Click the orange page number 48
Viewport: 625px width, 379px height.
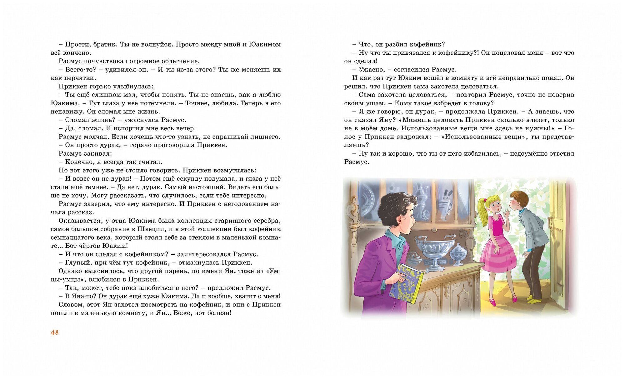coord(55,332)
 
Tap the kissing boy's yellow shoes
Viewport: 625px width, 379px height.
coord(534,300)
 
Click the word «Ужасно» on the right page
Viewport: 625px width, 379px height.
coord(371,69)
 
